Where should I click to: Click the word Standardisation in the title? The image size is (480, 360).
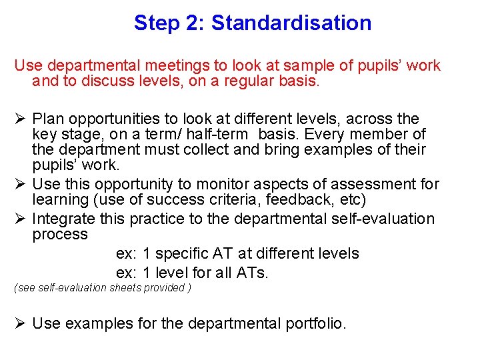[x=291, y=23]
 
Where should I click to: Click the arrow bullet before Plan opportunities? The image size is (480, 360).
[x=20, y=119]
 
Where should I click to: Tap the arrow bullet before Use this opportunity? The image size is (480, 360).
[x=20, y=183]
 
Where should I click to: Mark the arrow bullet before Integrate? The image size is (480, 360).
[x=20, y=219]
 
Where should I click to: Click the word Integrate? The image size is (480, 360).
[x=64, y=219]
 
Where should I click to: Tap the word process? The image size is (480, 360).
[x=60, y=235]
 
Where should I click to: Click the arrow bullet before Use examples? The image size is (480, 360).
[x=20, y=323]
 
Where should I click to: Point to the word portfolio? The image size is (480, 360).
[x=315, y=324]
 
